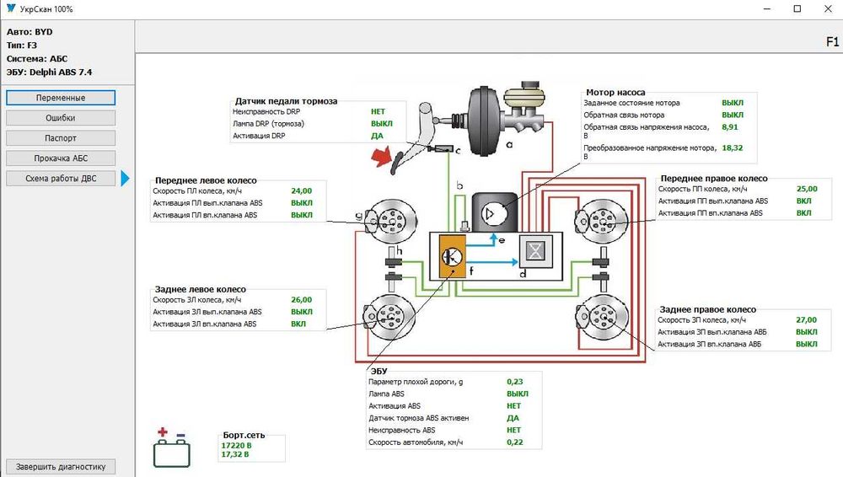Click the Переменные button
tap(61, 98)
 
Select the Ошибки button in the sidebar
tap(61, 118)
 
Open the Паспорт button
tap(61, 138)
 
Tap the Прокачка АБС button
tap(61, 158)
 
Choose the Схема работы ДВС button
tap(61, 179)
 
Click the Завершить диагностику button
tap(61, 466)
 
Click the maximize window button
tap(797, 8)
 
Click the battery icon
tap(171, 450)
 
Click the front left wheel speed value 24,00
tap(301, 190)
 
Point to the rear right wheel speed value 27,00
tap(806, 319)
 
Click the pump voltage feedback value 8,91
tap(730, 126)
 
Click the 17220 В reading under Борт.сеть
tap(236, 445)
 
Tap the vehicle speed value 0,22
tap(513, 442)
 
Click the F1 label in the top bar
tap(831, 40)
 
